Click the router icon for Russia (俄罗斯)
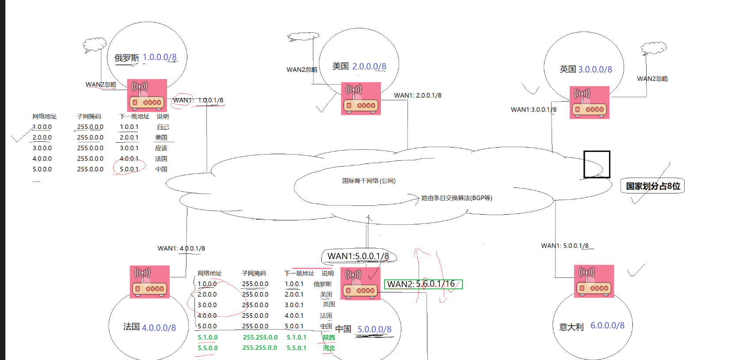(147, 95)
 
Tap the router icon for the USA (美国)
(361, 99)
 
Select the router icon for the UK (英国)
(590, 102)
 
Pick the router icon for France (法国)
(149, 282)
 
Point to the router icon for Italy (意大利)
(594, 281)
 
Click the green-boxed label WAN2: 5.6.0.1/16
(423, 284)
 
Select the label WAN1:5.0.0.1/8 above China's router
(358, 256)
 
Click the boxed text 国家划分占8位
(653, 186)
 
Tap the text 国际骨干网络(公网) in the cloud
(369, 181)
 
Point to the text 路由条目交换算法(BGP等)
(457, 198)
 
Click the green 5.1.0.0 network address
(207, 337)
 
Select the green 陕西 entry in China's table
(328, 337)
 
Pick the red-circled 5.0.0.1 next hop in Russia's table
(129, 169)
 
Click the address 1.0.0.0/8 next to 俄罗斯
(160, 57)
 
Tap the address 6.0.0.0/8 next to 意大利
(607, 326)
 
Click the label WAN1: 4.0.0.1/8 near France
(181, 248)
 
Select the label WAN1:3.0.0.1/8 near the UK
(533, 110)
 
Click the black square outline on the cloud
(597, 164)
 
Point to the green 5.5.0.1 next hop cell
(296, 348)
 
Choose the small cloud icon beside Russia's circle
(95, 45)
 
